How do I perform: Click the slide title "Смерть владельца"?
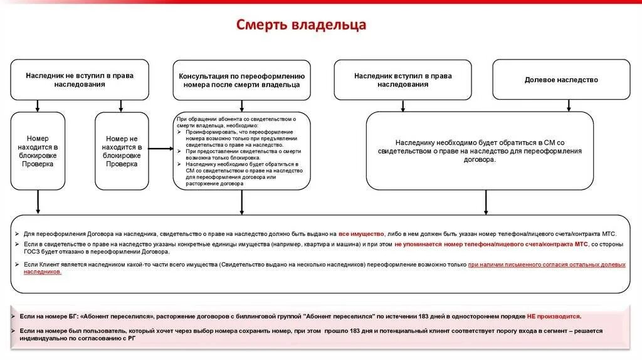coord(301,25)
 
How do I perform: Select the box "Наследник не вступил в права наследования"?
coord(80,80)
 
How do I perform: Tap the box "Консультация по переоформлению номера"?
coord(242,80)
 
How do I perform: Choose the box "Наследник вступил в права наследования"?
coord(403,80)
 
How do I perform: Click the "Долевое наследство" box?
coord(561,80)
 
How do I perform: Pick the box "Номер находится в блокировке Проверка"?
coord(38,151)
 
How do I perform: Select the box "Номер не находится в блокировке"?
coord(122,151)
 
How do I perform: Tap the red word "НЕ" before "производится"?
coord(532,317)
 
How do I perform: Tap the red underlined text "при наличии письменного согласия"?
coord(514,265)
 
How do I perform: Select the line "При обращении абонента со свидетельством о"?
coord(236,119)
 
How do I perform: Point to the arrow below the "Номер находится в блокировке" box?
coord(38,202)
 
